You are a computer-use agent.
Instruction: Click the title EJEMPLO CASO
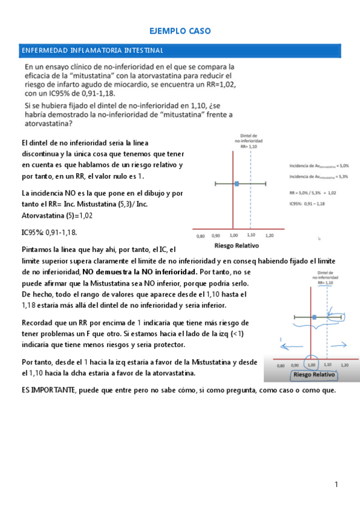coord(180,31)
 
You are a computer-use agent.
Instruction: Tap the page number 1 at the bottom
coord(337,485)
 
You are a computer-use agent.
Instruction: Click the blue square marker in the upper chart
coord(237,183)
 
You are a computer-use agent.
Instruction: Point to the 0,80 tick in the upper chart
coord(201,235)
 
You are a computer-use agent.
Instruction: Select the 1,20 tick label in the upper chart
coord(269,235)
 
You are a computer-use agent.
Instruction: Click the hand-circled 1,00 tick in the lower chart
coord(311,364)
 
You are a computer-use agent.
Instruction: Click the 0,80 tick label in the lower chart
coord(280,365)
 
